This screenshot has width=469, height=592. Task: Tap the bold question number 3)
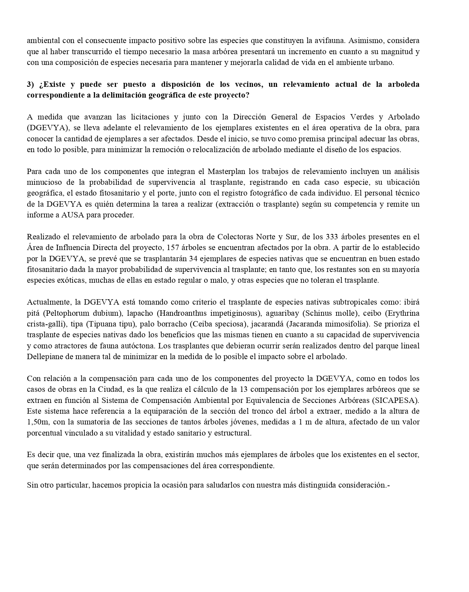click(31, 84)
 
